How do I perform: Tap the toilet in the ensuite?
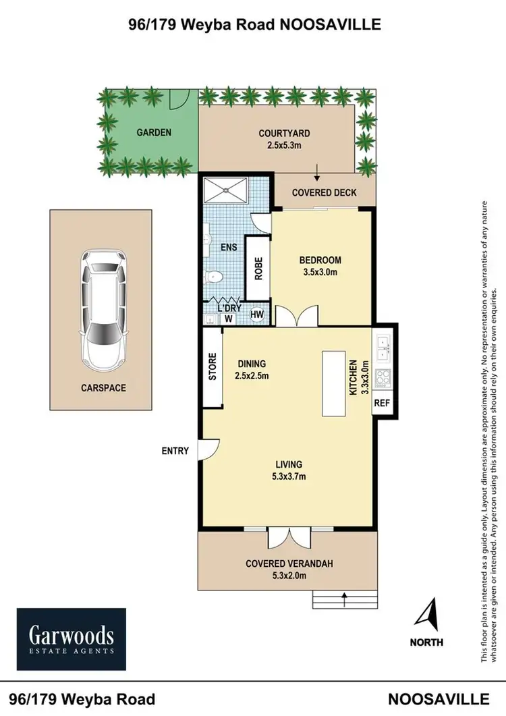214,276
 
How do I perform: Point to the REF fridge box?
381,404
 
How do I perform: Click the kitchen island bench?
334,384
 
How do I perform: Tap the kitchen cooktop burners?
382,378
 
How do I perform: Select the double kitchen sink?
382,346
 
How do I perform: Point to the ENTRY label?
175,450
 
